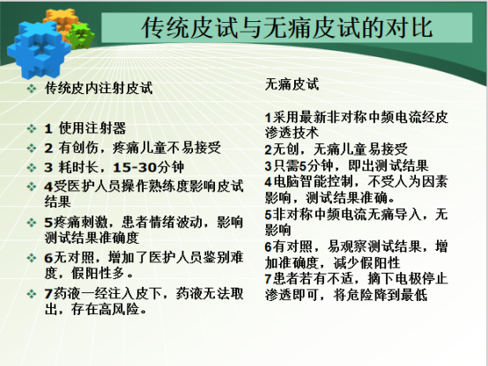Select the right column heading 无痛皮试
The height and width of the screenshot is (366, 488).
coord(292,85)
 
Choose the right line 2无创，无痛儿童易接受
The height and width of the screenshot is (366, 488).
coord(336,148)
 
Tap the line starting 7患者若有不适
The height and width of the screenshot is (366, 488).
coord(356,285)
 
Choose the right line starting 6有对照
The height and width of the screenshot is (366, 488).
coord(356,253)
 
